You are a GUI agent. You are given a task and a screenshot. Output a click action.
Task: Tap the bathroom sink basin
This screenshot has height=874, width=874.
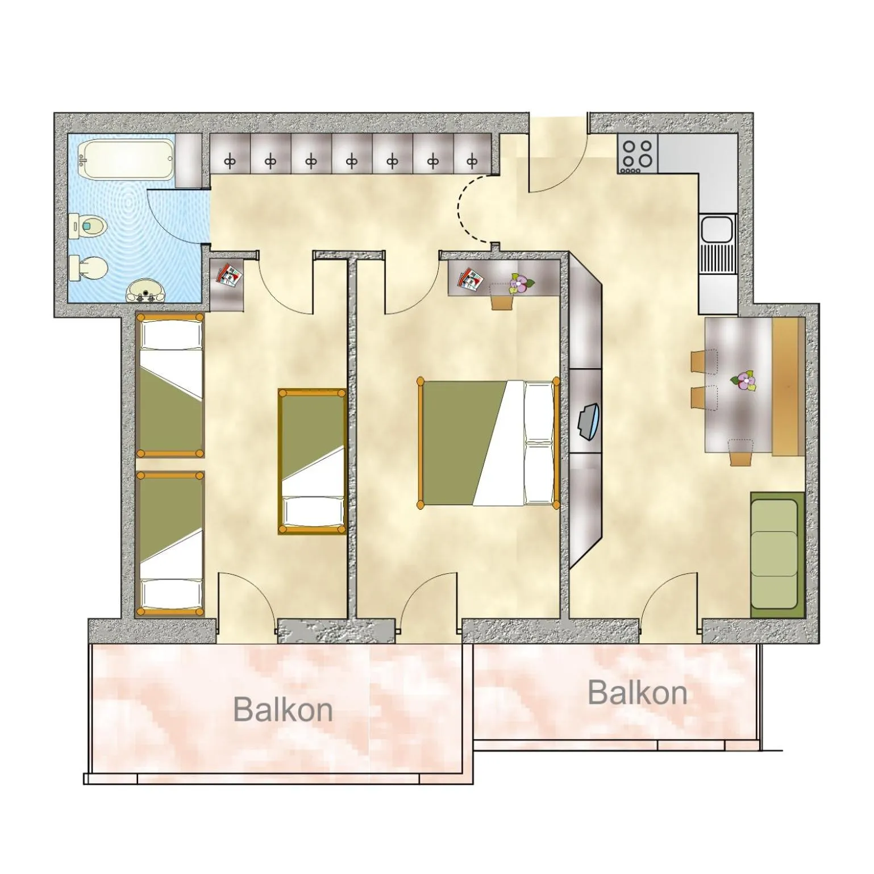(x=145, y=292)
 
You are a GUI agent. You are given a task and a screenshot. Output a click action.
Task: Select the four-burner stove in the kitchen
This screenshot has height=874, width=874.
(x=637, y=154)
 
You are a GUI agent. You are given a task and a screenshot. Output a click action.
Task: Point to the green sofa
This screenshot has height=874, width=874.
(x=776, y=555)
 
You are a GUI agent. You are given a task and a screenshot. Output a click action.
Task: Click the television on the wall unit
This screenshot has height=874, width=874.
(x=589, y=421)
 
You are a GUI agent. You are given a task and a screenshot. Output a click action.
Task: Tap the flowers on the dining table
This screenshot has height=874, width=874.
(x=743, y=380)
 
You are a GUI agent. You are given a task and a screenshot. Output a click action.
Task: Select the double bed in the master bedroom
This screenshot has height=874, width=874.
(x=488, y=442)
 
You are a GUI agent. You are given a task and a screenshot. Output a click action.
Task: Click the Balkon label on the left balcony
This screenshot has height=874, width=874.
(x=282, y=709)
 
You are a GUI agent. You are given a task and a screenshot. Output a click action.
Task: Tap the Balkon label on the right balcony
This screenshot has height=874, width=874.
(x=637, y=692)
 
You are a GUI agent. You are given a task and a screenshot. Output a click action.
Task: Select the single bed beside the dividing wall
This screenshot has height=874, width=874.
(x=312, y=461)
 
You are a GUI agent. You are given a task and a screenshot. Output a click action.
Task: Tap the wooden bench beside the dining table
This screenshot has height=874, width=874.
(x=787, y=386)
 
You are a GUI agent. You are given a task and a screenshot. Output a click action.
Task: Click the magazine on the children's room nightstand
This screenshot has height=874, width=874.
(x=229, y=275)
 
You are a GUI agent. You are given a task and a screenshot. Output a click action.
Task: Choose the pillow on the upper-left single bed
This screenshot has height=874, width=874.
(x=171, y=336)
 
